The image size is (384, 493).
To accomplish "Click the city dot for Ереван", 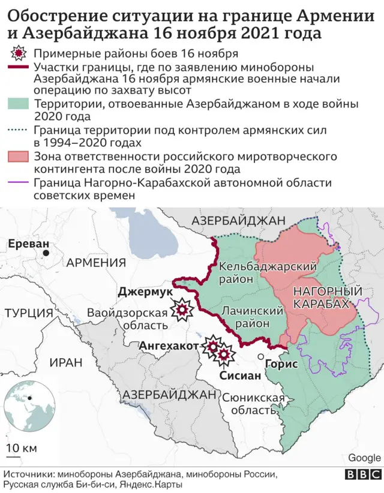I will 46,254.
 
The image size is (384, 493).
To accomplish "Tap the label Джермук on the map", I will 144,291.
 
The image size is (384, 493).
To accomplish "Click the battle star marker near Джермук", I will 181,310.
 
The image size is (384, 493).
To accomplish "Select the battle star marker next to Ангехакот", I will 212,346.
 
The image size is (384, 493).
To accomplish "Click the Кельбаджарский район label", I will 259,272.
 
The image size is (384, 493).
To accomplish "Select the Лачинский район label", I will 252,316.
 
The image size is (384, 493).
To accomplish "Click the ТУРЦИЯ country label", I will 28,312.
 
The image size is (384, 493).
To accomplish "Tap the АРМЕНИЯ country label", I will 96,262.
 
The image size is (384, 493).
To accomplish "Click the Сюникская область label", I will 253,404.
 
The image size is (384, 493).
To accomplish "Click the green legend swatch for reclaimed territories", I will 19,104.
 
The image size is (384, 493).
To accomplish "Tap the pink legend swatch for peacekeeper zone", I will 19,157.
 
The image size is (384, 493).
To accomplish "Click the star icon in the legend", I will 19,53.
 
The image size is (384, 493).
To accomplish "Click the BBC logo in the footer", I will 363,474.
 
